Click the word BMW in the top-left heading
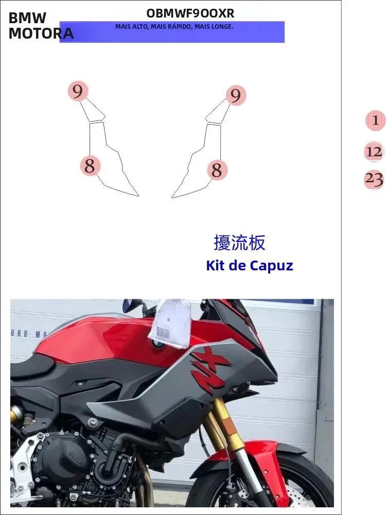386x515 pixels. [27, 18]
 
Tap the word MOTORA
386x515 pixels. [41, 33]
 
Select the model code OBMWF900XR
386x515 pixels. [190, 13]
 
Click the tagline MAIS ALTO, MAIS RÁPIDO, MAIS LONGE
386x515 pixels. [174, 26]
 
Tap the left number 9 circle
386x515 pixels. [78, 92]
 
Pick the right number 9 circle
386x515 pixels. [236, 95]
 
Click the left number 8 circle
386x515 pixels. [90, 166]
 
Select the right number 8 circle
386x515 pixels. [217, 170]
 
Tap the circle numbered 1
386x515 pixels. [375, 121]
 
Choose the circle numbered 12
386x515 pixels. [374, 152]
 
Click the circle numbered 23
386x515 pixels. [374, 179]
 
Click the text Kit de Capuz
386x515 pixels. [249, 266]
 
